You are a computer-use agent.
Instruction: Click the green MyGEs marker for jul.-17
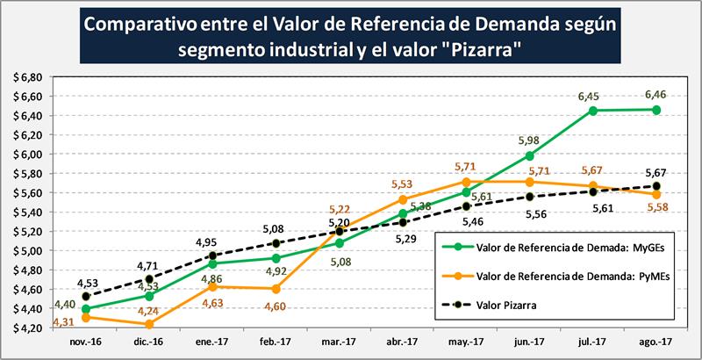tap(593, 111)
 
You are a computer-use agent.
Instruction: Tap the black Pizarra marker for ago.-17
tap(655, 185)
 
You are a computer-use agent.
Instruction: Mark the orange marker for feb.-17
tap(276, 289)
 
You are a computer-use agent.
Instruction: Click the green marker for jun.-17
tap(529, 155)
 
